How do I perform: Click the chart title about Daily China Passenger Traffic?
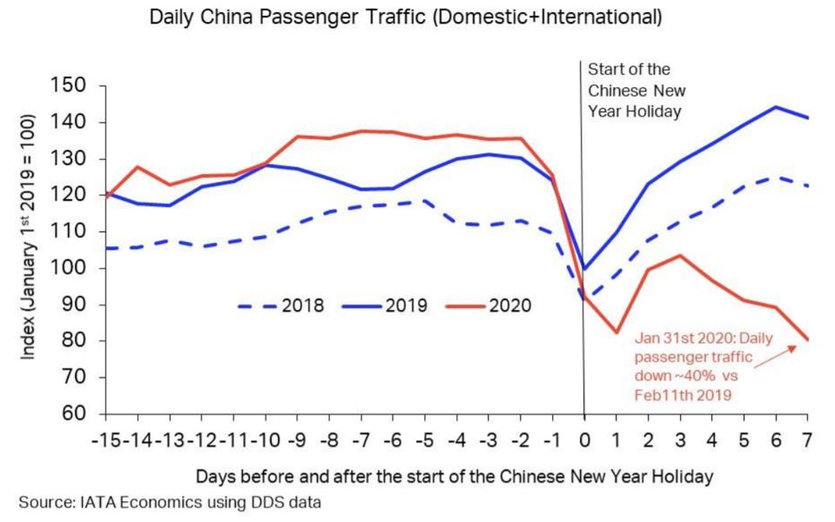click(x=405, y=17)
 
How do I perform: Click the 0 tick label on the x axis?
click(x=583, y=438)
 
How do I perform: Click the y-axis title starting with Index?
click(x=30, y=249)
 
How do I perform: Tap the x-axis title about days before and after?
click(x=455, y=477)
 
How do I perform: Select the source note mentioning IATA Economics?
click(x=171, y=502)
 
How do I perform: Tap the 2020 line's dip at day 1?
click(x=616, y=332)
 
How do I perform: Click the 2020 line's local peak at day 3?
click(x=679, y=255)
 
